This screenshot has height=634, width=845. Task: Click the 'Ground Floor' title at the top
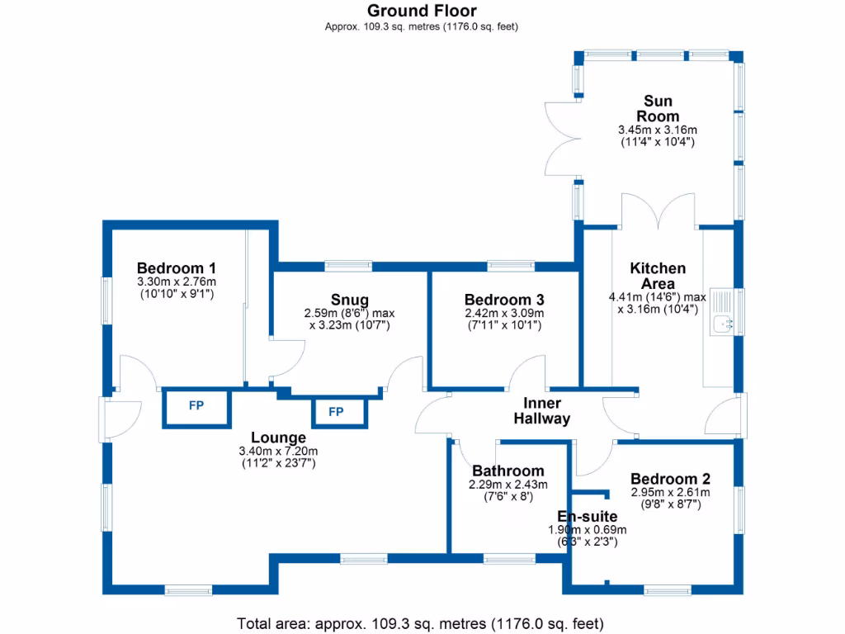(422, 11)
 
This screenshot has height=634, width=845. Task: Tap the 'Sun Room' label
(658, 109)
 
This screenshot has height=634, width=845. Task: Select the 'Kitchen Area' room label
(658, 277)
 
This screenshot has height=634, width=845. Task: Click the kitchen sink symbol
(726, 324)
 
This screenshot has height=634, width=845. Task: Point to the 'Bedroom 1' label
(177, 268)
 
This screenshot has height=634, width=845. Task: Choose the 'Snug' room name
(350, 299)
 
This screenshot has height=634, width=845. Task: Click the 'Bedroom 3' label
(503, 299)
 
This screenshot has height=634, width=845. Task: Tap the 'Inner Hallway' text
(542, 411)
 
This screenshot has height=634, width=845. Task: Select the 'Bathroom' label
(508, 471)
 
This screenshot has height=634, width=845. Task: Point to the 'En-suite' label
(588, 517)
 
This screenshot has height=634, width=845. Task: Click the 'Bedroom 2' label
(670, 479)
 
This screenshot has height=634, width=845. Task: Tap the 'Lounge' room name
(279, 438)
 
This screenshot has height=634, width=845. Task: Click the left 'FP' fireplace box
(196, 405)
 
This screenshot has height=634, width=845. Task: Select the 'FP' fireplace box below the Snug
(336, 411)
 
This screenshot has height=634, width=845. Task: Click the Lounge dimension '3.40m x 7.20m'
(278, 451)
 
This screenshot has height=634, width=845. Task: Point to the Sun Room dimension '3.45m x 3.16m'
(658, 130)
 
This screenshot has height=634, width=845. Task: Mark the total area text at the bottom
(422, 622)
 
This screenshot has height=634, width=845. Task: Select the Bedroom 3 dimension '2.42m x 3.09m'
(503, 313)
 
